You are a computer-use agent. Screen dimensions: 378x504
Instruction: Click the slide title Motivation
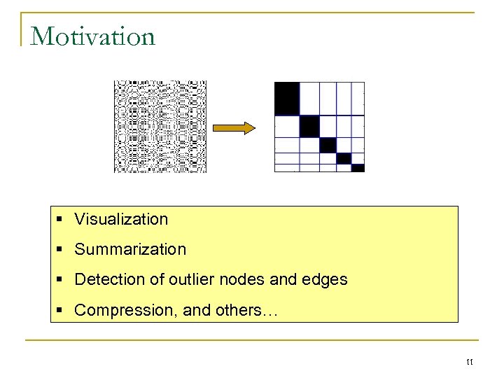pos(92,36)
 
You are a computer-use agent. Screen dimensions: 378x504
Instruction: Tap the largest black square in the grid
pos(286,99)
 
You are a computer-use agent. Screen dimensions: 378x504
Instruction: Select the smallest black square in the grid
pos(358,168)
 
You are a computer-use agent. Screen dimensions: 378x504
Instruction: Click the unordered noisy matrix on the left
pos(160,127)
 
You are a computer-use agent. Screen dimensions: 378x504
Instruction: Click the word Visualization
pos(121,219)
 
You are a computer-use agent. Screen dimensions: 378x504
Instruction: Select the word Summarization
pos(130,249)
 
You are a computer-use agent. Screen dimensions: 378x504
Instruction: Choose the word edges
pos(324,279)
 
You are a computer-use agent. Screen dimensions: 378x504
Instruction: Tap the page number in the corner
pos(469,362)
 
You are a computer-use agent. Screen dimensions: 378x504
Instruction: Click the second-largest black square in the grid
pos(309,127)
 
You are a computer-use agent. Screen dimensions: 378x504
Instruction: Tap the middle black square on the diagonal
pos(328,145)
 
